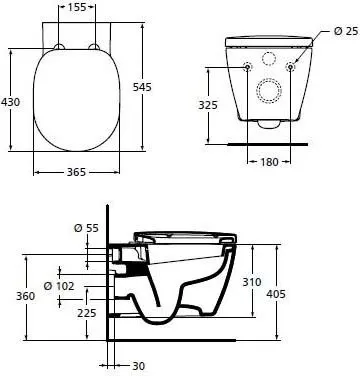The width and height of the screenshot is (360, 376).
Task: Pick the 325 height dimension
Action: click(x=209, y=103)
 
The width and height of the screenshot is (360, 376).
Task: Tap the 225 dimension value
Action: click(x=87, y=312)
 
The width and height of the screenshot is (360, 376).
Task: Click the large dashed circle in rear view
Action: click(x=267, y=90)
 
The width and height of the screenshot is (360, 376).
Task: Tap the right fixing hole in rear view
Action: click(x=290, y=67)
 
